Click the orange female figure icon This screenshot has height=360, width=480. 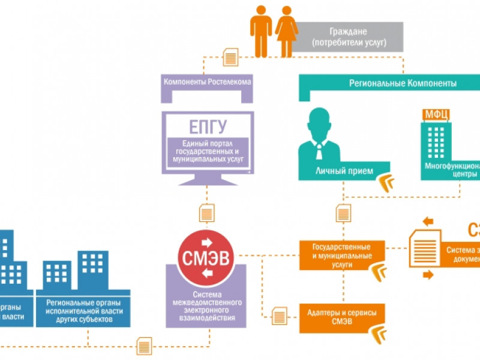[x=286, y=30]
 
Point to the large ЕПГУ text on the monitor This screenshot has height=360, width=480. [x=207, y=127]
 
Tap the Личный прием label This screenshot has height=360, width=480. [x=336, y=171]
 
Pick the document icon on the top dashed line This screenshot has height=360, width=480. [x=230, y=57]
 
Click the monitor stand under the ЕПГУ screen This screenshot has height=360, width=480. [x=207, y=179]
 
